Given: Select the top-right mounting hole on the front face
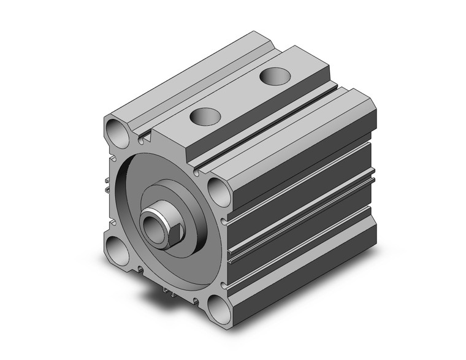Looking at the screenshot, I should pyautogui.click(x=219, y=191).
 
